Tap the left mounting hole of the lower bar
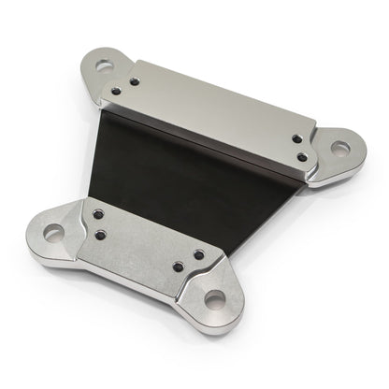click(x=49, y=230)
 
